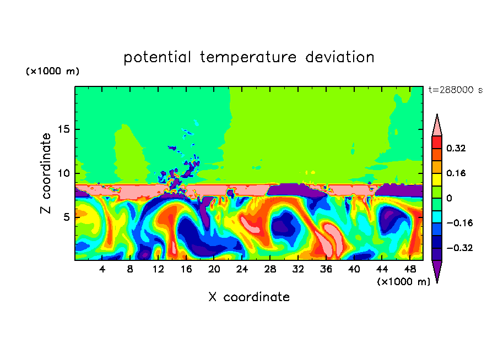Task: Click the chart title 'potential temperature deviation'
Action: (249, 57)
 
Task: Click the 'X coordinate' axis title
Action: (249, 297)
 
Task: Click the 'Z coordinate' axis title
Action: (46, 173)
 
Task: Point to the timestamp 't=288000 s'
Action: (455, 90)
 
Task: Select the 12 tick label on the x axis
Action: (159, 269)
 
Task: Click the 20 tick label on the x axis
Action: (214, 269)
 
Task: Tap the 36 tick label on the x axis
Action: (326, 269)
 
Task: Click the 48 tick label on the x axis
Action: (409, 269)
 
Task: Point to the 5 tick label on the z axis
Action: (64, 217)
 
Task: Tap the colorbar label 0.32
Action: (457, 148)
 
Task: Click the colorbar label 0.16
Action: (457, 173)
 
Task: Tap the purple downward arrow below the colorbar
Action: (437, 270)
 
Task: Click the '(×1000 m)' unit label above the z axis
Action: (53, 72)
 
